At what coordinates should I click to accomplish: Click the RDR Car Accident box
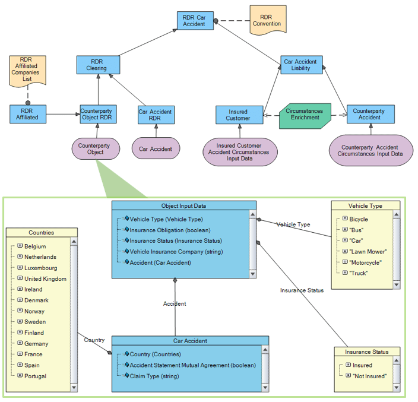[x=195, y=20]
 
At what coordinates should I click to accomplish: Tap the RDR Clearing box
[x=97, y=65]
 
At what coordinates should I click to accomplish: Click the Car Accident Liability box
[x=300, y=65]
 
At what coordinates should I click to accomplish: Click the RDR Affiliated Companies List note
[x=27, y=69]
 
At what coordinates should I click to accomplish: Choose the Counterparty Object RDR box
[x=98, y=114]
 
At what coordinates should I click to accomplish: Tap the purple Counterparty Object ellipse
[x=96, y=148]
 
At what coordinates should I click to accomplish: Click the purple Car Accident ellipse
[x=156, y=149]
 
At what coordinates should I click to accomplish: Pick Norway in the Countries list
[x=34, y=311]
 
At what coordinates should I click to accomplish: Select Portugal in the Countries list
[x=35, y=376]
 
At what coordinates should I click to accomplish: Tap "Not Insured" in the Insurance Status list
[x=369, y=376]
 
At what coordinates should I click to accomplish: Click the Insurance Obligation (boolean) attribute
[x=170, y=230]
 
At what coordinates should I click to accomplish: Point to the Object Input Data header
[x=184, y=206]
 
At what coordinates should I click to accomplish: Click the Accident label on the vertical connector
[x=175, y=303]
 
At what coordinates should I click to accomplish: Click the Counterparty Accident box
[x=369, y=114]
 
